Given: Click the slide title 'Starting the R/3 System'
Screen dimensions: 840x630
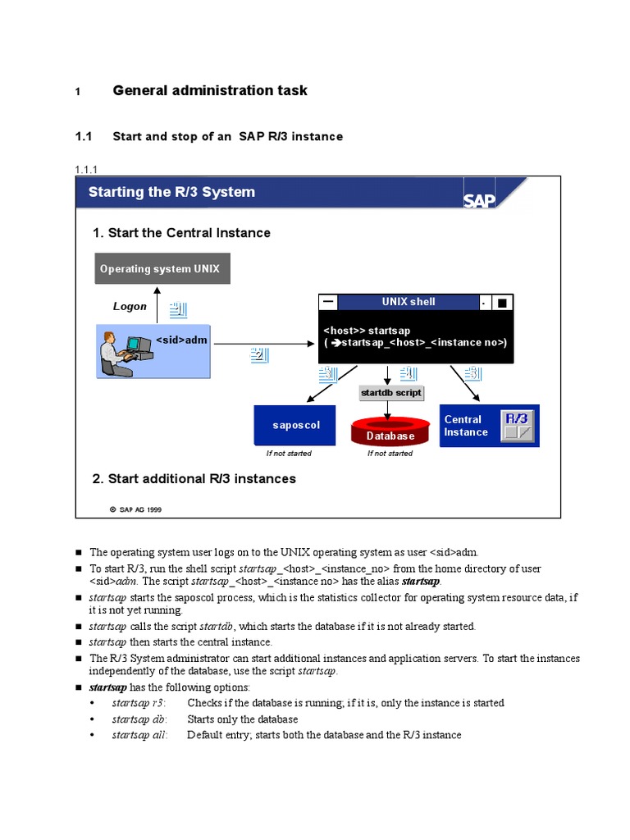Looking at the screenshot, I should [x=171, y=192].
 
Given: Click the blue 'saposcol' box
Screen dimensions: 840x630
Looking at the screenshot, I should [x=294, y=426].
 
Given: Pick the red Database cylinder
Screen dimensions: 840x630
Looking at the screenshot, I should [x=390, y=431].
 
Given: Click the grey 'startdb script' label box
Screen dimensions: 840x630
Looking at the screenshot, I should [x=391, y=393].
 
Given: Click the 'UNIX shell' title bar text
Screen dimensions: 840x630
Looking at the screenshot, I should [x=409, y=302].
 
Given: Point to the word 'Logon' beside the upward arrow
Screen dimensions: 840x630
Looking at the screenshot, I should [x=130, y=307].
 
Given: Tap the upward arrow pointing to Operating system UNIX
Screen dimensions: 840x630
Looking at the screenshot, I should [x=156, y=304].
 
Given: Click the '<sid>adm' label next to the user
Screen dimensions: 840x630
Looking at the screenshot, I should [x=181, y=339].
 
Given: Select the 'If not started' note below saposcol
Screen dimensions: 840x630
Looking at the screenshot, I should [x=289, y=454].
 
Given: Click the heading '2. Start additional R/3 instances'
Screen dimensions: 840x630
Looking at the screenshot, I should [x=194, y=478].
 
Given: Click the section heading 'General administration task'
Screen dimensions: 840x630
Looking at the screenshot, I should [x=209, y=90].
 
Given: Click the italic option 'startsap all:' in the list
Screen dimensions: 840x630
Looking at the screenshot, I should [x=139, y=735].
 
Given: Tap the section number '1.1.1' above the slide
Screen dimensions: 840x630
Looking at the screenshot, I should [x=86, y=170].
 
